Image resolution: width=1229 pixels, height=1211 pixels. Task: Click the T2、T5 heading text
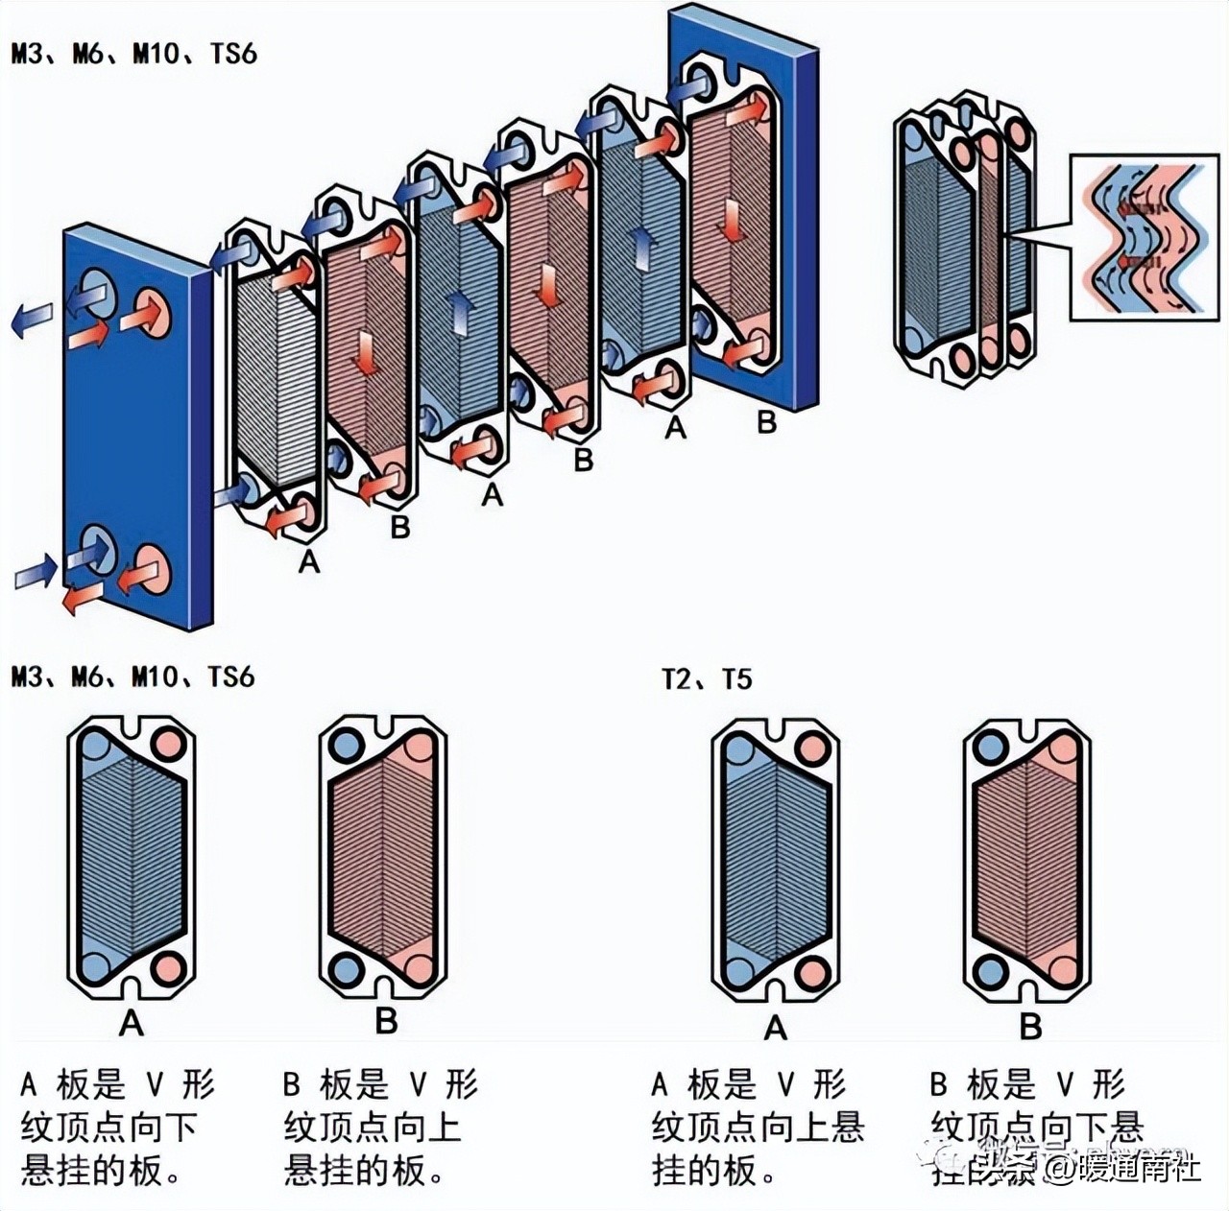(x=707, y=679)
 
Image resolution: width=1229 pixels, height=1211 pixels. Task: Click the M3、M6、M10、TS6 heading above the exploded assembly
(x=134, y=53)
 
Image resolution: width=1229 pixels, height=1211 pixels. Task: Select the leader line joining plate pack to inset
(x=1037, y=232)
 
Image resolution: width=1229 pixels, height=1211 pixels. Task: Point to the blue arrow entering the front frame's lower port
(x=36, y=571)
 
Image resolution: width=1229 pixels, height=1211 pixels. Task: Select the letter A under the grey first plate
(x=308, y=561)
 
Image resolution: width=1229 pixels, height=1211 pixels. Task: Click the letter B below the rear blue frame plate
(x=766, y=422)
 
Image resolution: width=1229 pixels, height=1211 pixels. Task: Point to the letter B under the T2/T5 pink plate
(x=1030, y=1027)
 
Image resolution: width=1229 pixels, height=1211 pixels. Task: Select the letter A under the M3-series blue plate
(x=132, y=1023)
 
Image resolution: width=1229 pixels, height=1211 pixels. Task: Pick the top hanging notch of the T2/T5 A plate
(x=776, y=725)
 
